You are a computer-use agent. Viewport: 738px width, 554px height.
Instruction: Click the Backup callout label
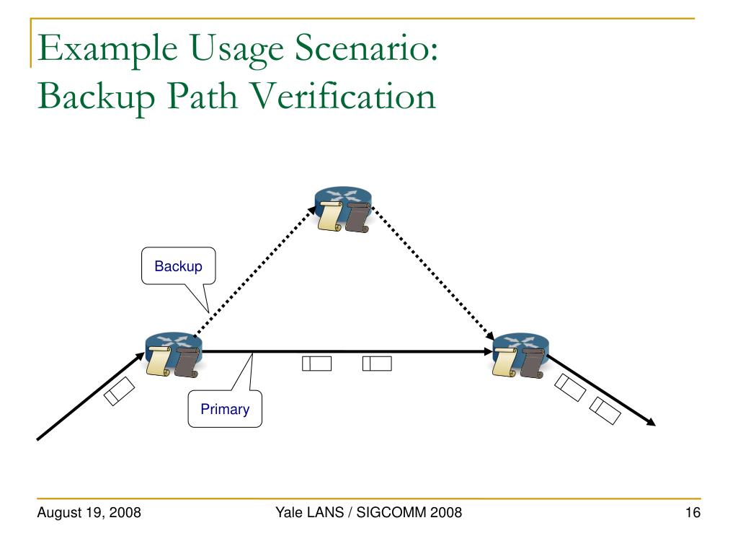[178, 266]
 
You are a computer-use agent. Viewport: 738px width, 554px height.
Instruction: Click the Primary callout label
[225, 410]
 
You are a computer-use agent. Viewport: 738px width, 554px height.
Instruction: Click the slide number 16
[693, 514]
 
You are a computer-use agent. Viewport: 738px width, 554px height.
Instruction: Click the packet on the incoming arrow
[119, 390]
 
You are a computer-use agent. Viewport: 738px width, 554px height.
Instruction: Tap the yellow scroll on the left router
[158, 361]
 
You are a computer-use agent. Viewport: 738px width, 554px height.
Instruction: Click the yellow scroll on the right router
[504, 361]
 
